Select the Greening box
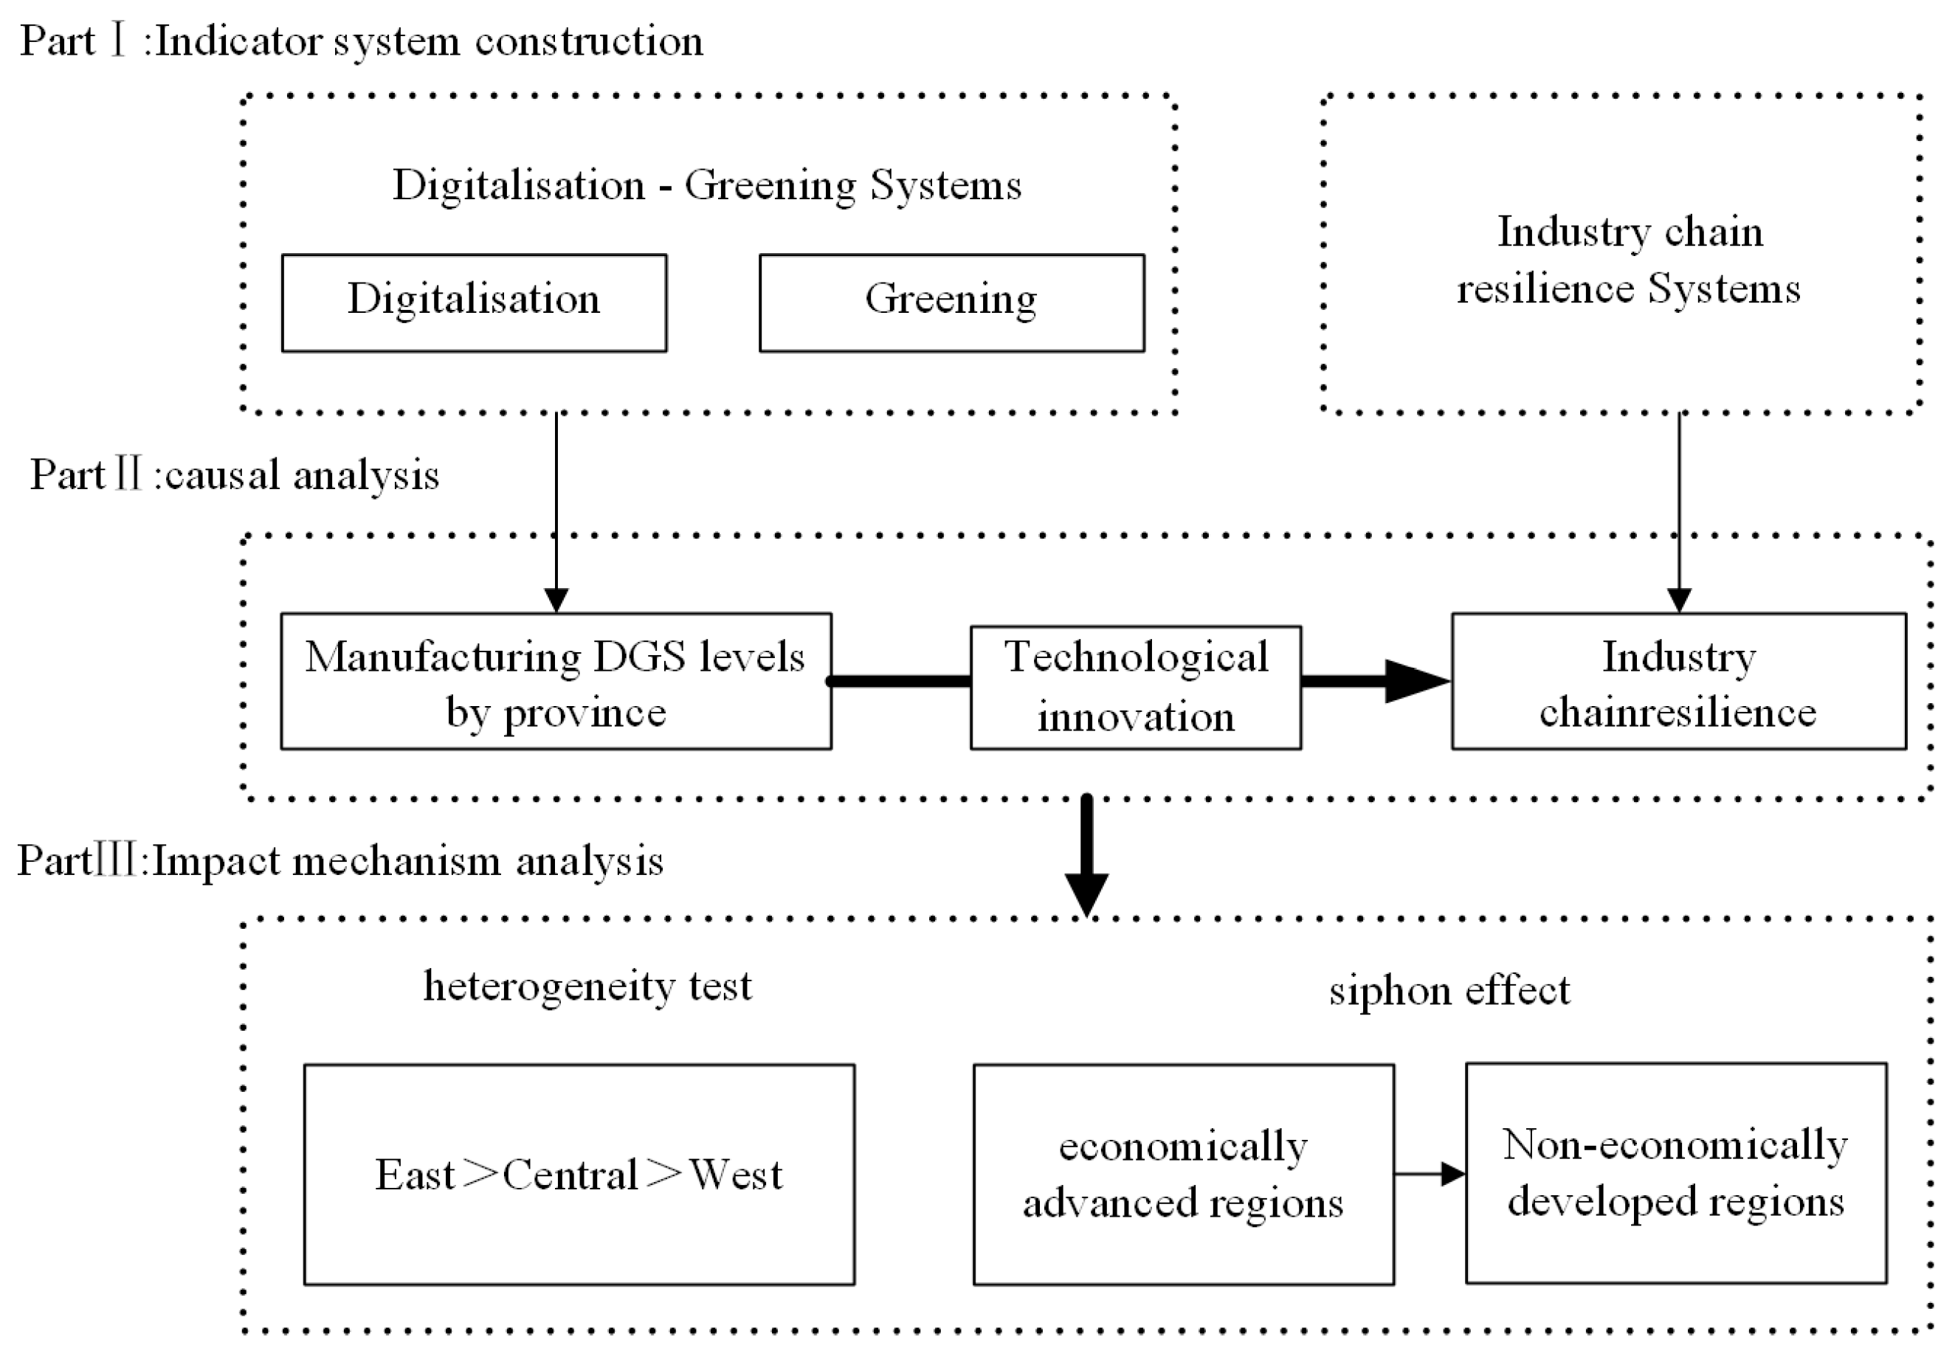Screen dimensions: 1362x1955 click(x=951, y=303)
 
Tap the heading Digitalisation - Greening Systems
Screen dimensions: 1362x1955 click(x=707, y=184)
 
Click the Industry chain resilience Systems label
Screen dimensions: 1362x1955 click(x=1628, y=260)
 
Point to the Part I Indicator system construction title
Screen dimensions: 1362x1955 click(x=361, y=41)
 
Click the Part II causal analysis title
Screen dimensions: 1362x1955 click(x=234, y=474)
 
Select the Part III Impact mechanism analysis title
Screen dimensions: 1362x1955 click(x=339, y=860)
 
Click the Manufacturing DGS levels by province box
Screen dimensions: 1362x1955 click(x=555, y=681)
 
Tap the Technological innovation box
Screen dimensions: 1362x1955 click(x=1135, y=687)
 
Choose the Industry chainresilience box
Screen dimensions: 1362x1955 click(x=1678, y=681)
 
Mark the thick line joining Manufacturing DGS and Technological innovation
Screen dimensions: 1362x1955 click(x=901, y=681)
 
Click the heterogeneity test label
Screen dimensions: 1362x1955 click(x=587, y=986)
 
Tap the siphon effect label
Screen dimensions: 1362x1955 click(x=1449, y=990)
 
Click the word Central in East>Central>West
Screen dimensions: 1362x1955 click(x=570, y=1175)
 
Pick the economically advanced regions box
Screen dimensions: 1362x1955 click(x=1183, y=1174)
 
